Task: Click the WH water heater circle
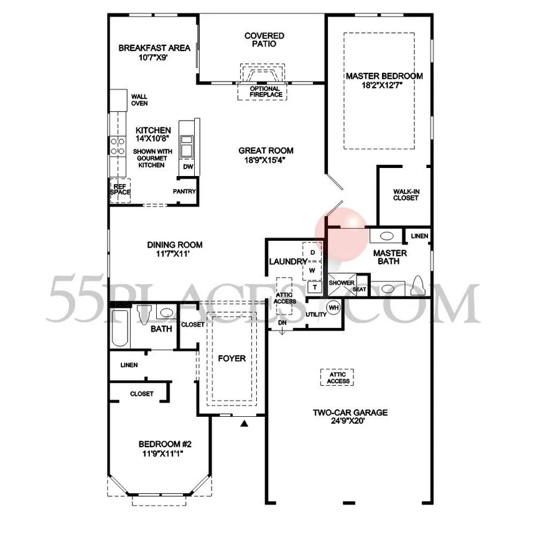point(333,307)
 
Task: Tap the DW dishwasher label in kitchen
point(188,167)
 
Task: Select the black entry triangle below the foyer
point(244,424)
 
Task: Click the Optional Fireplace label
point(266,92)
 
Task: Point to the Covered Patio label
point(264,40)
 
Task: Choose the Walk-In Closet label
point(406,195)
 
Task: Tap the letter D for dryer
point(312,253)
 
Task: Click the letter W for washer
point(312,271)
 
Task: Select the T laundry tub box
point(315,287)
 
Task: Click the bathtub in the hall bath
point(120,328)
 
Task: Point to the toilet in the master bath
point(418,286)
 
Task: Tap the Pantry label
point(184,192)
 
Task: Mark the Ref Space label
point(120,189)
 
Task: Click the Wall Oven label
point(139,100)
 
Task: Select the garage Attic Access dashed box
point(337,378)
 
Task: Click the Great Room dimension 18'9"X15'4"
point(265,160)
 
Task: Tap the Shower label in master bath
point(342,283)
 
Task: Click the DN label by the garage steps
point(282,322)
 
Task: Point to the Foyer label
point(232,358)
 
